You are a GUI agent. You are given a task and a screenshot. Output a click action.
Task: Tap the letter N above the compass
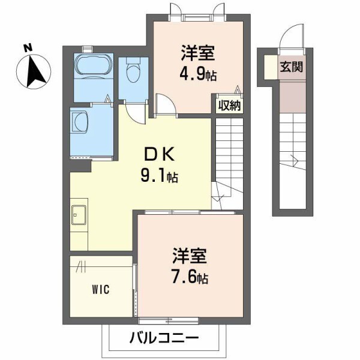[27, 47]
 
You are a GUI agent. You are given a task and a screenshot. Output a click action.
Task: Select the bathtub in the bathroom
[92, 65]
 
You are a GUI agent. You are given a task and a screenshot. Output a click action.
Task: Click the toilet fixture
[134, 73]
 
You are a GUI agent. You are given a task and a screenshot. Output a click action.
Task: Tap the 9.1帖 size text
[158, 177]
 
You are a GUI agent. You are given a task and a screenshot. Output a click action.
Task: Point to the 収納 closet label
[229, 106]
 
